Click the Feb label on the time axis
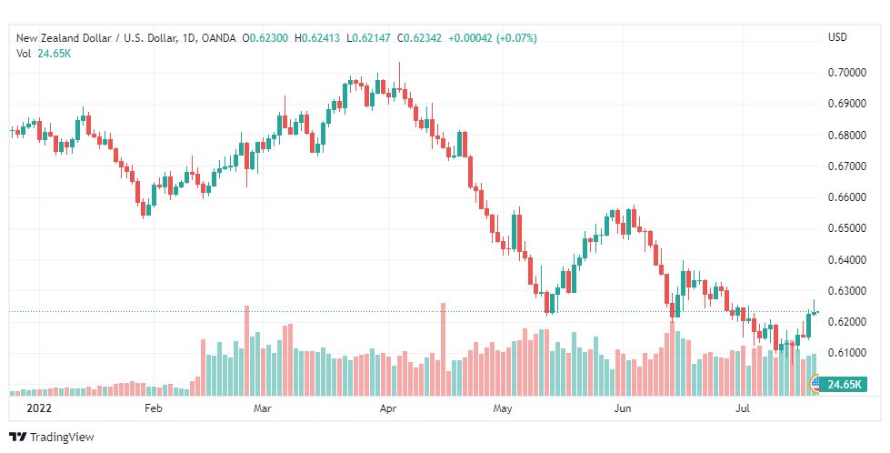pos(154,408)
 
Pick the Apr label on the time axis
pos(387,408)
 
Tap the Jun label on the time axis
pos(623,408)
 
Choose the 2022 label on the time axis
pos(38,408)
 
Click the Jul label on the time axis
pos(743,408)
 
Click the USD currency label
pos(837,37)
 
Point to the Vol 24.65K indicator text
pos(44,54)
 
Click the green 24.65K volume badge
pos(844,384)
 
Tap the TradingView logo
pos(52,438)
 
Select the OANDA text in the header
pos(219,38)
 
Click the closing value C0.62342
pos(419,38)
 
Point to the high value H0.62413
pos(317,38)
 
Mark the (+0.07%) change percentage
pos(516,38)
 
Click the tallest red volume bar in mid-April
pos(444,349)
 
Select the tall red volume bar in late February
pos(247,351)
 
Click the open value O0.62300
pos(265,38)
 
